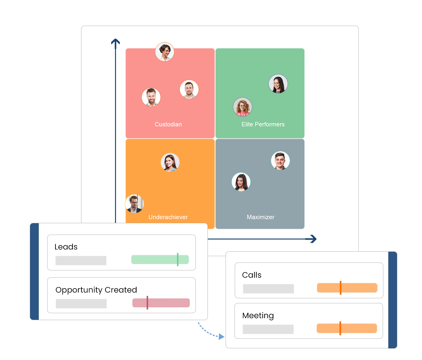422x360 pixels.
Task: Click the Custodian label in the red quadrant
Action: pos(168,124)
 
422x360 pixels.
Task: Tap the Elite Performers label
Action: pos(263,124)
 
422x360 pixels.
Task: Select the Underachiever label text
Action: pos(168,217)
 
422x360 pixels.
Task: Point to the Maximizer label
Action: pos(260,217)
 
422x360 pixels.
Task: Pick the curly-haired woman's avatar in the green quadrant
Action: pos(243,107)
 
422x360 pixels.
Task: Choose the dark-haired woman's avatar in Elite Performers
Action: pos(278,84)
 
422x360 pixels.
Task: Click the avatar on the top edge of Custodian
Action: pos(165,52)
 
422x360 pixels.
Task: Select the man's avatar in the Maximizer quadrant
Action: pos(280,161)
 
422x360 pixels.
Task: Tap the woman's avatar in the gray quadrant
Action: pos(241,182)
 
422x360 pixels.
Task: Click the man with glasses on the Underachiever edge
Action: pos(135,204)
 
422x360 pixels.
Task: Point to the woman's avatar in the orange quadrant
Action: pos(170,162)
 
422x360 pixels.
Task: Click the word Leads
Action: pos(66,247)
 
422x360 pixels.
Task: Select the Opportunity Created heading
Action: pos(96,290)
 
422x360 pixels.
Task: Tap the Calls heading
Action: pos(252,275)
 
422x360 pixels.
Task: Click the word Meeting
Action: pos(258,316)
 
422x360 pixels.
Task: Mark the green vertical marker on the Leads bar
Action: pos(178,260)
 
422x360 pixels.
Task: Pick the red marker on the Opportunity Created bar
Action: pos(147,303)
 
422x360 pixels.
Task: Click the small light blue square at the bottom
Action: pos(210,331)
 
